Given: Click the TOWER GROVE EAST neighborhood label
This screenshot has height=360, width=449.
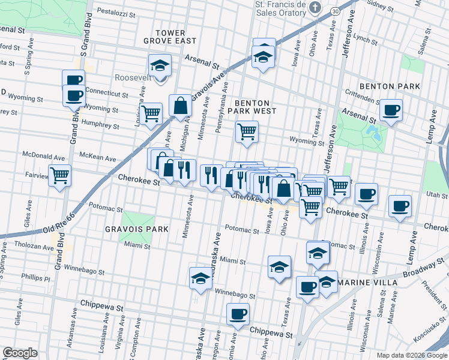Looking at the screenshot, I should coord(170,37).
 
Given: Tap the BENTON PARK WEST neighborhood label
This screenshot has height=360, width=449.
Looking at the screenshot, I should coord(256,107).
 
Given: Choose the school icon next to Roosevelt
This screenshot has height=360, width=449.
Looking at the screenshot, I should coord(160,65).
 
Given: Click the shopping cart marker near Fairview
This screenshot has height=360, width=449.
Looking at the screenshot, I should coord(59,176).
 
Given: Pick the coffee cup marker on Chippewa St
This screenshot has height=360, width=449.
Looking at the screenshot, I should coord(238,314).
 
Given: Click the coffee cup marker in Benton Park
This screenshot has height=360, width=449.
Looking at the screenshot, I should coord(391,110).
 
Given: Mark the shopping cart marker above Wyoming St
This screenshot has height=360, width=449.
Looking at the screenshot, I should coord(247,131).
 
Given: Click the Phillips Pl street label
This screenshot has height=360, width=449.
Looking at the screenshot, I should coord(37,278).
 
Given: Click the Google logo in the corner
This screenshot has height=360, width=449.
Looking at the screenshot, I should coord(20,353).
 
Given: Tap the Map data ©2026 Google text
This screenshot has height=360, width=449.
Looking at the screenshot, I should coord(411,355).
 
